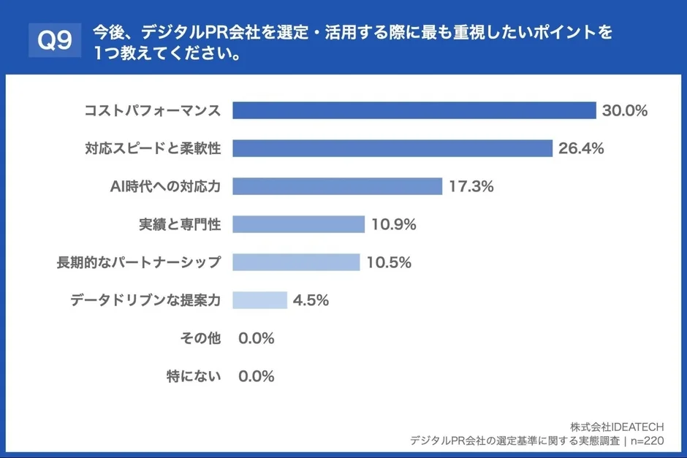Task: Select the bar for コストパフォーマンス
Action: coord(414,110)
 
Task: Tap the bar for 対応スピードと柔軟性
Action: coord(392,148)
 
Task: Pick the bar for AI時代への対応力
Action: coord(337,186)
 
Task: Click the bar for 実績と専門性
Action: coord(298,224)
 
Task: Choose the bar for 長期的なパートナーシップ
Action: coord(296,262)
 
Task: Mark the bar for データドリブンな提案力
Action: coord(259,300)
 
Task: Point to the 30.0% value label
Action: coord(625,111)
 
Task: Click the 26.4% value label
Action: coord(580,149)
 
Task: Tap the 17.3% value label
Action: coord(471,187)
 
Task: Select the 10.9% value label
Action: coord(393,225)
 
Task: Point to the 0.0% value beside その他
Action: coord(256,339)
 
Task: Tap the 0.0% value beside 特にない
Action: coord(256,377)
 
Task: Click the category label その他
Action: coord(200,339)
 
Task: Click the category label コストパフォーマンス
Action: coord(152,111)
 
